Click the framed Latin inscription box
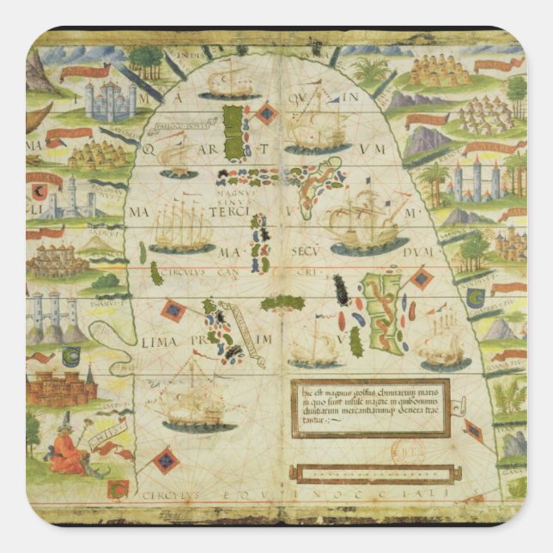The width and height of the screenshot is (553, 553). [370, 407]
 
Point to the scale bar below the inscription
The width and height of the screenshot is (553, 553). [371, 473]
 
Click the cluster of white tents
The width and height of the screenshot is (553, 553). [486, 113]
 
